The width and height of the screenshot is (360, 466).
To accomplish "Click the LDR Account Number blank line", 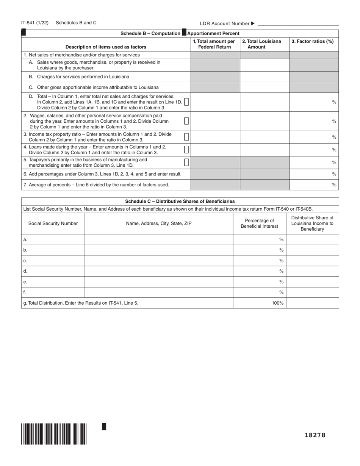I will [298, 24].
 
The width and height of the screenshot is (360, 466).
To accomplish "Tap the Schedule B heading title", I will [180, 33].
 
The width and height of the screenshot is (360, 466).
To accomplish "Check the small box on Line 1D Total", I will [186, 102].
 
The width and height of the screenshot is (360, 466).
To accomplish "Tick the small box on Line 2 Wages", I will [186, 121].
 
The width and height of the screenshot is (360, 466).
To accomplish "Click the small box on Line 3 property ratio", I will [186, 137].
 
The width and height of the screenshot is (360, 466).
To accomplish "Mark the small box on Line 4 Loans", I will [186, 149].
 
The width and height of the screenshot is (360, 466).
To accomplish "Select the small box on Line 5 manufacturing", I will [186, 162].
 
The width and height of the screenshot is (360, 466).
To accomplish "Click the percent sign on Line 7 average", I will [334, 185].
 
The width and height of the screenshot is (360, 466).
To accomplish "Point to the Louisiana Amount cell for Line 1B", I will [265, 77].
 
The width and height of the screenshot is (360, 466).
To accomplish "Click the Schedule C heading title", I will [180, 202].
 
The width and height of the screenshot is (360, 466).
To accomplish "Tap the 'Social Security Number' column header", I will [53, 224].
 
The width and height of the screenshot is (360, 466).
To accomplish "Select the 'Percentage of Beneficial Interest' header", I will [259, 224].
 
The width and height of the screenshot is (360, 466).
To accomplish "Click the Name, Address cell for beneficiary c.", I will [158, 261].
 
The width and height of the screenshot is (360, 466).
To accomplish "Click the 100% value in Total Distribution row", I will [277, 303].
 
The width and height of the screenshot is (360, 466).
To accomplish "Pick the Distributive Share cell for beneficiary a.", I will [312, 239].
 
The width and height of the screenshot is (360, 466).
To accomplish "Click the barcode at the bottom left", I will [54, 434].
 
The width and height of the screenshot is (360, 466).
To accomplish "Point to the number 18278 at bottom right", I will [315, 435].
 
